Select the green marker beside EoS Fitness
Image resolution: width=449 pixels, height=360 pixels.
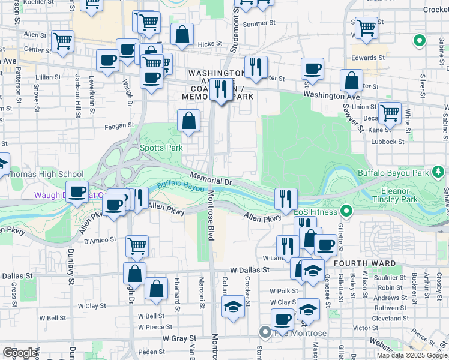click(346, 211)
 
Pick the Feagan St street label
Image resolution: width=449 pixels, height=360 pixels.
click(118, 125)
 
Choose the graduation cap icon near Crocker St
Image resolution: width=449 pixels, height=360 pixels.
click(233, 307)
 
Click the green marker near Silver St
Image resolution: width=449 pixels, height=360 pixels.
click(420, 41)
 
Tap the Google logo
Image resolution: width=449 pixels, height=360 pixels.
click(20, 353)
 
